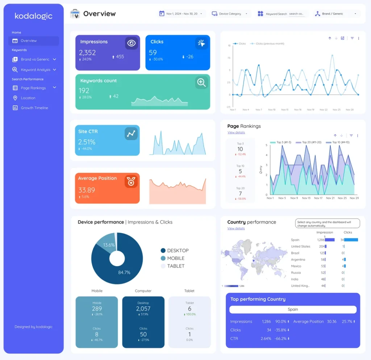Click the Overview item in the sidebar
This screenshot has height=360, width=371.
(29, 41)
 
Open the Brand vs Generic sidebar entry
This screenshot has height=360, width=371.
(35, 59)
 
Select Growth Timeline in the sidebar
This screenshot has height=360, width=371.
(34, 108)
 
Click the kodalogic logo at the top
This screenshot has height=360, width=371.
(33, 16)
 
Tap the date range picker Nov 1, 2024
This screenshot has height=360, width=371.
(182, 14)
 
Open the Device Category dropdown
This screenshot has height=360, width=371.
(231, 14)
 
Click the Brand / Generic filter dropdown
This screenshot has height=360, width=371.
(336, 14)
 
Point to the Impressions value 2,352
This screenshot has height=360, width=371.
(87, 53)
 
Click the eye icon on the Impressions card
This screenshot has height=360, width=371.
(132, 43)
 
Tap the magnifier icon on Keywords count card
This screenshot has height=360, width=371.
(201, 82)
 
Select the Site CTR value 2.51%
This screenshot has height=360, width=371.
(87, 142)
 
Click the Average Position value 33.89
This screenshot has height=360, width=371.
(87, 190)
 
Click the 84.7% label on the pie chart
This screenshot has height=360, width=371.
(124, 272)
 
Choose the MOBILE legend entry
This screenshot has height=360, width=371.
(175, 258)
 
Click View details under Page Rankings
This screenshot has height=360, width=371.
(236, 133)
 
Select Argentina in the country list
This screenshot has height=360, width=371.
(298, 260)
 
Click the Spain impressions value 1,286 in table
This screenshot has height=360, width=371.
(321, 240)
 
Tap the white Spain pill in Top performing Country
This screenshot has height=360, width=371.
(293, 310)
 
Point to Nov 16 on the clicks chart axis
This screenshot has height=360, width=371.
(297, 109)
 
